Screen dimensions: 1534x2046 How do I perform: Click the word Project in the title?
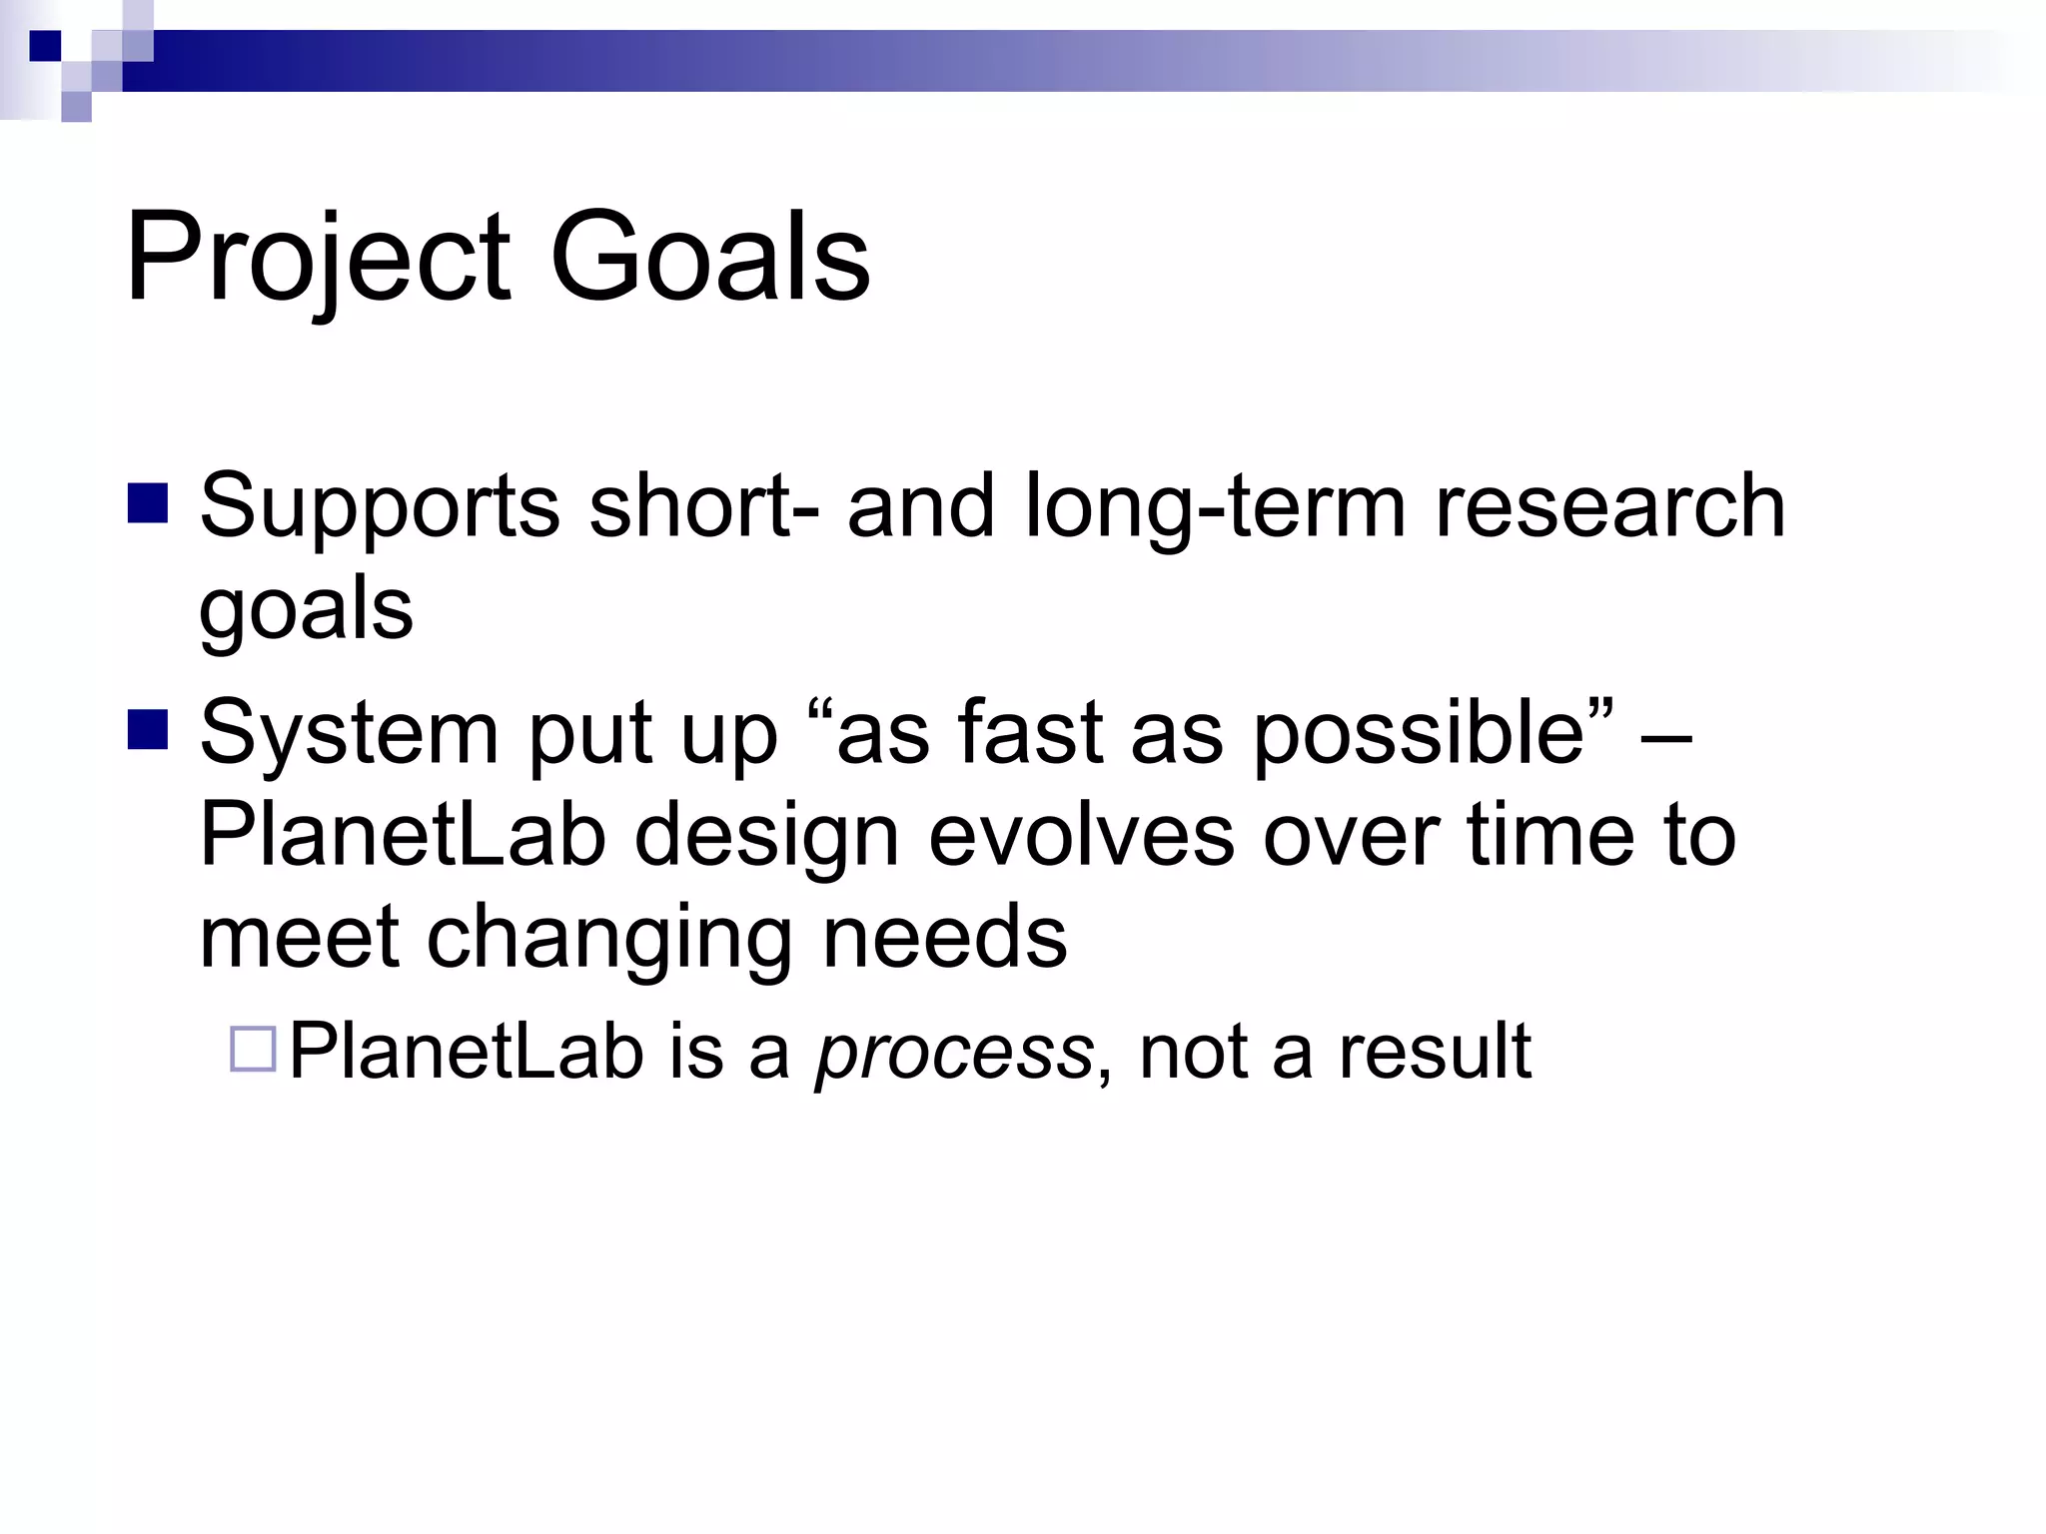[x=318, y=258]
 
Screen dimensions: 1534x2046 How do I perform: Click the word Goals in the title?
[x=709, y=258]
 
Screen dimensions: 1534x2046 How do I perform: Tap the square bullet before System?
[x=148, y=730]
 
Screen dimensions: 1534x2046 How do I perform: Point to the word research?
[x=1609, y=505]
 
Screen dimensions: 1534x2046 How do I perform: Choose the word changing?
[x=609, y=940]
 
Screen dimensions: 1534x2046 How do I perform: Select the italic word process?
[x=954, y=1053]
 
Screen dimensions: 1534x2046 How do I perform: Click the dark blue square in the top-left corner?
[x=45, y=45]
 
